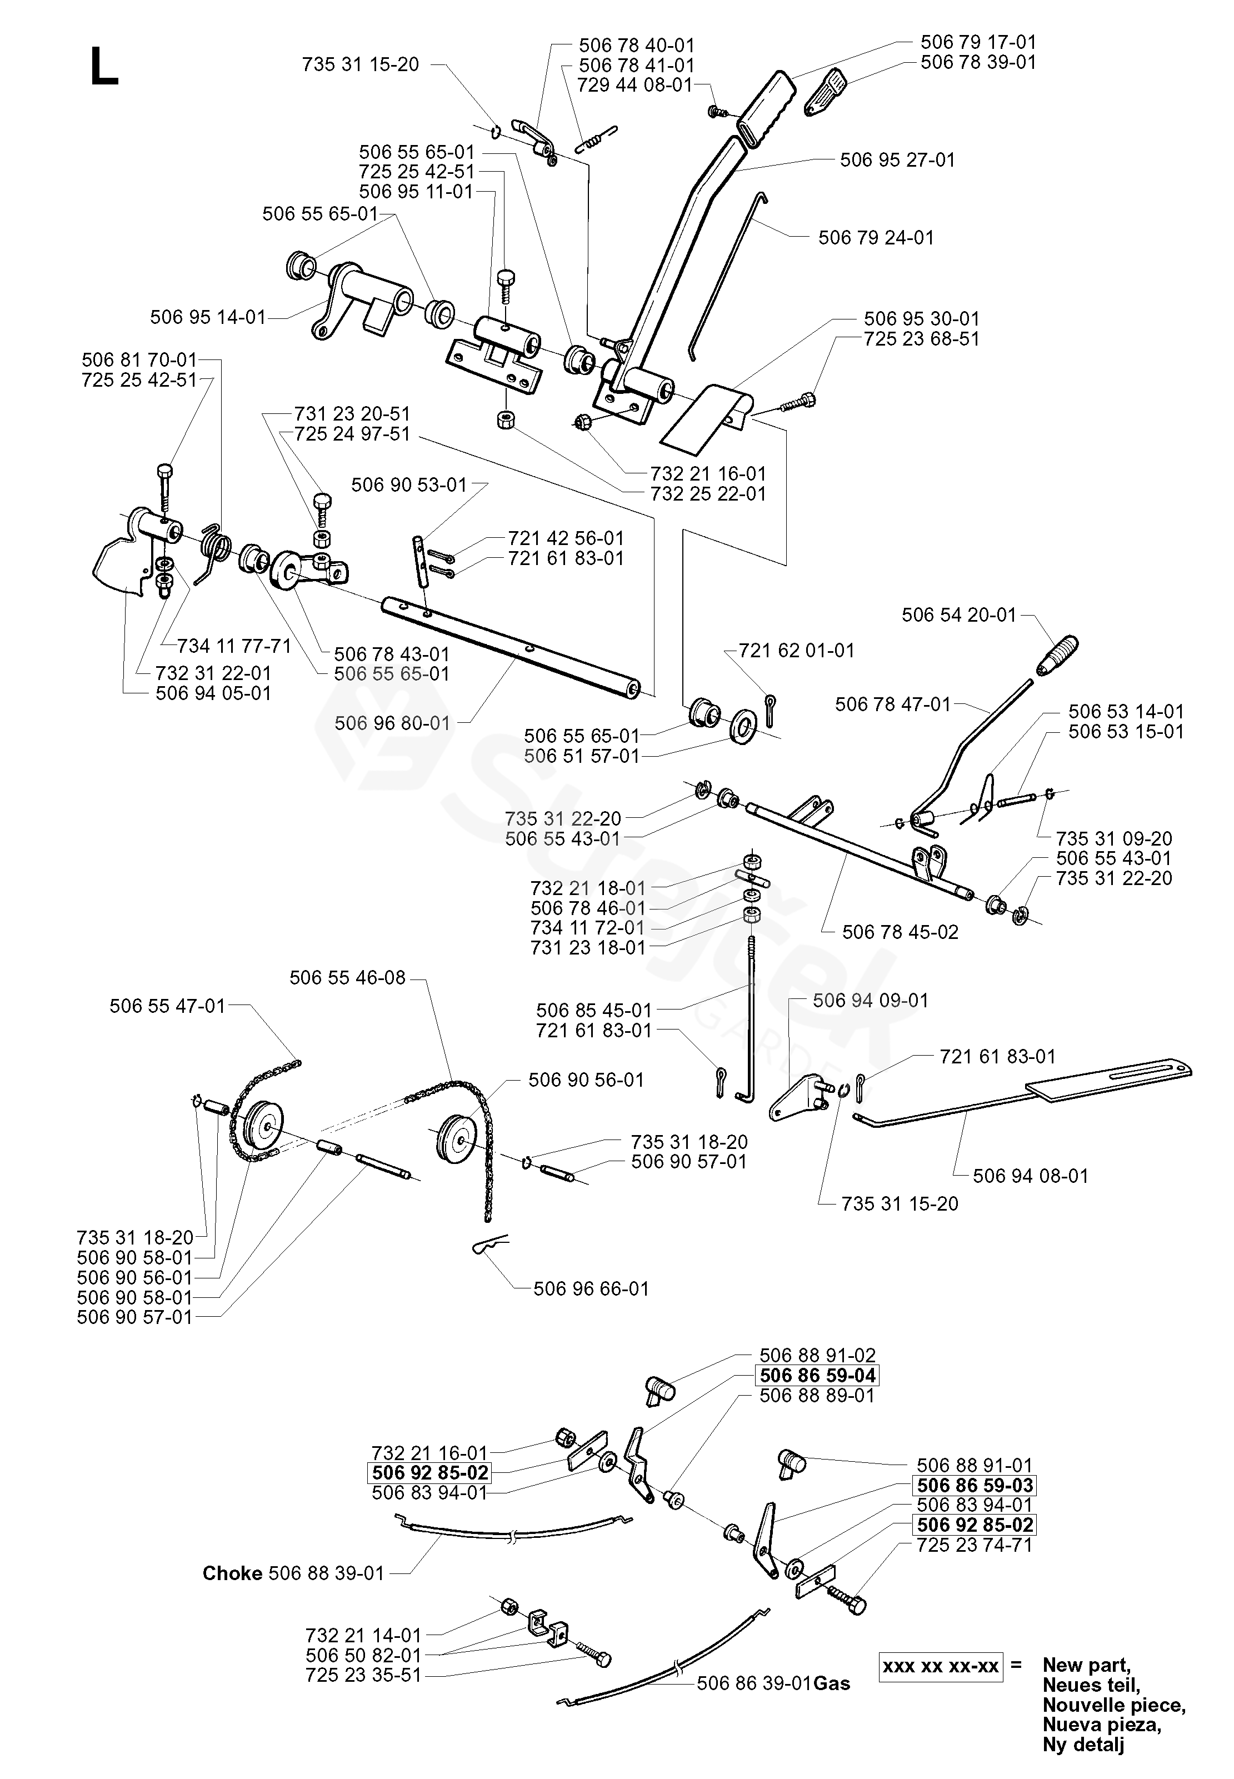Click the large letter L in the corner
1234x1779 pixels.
pyautogui.click(x=104, y=67)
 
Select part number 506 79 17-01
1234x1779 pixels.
pyautogui.click(x=977, y=42)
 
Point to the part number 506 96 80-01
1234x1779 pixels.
pyautogui.click(x=392, y=723)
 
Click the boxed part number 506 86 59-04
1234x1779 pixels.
pyautogui.click(x=817, y=1376)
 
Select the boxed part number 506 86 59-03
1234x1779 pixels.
pyautogui.click(x=974, y=1485)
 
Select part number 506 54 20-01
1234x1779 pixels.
pyautogui.click(x=959, y=614)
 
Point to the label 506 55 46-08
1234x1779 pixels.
pyautogui.click(x=347, y=978)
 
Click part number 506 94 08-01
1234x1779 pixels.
pyautogui.click(x=1030, y=1176)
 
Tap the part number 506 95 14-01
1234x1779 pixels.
pyautogui.click(x=207, y=317)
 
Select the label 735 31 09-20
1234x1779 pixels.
pyautogui.click(x=1114, y=838)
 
